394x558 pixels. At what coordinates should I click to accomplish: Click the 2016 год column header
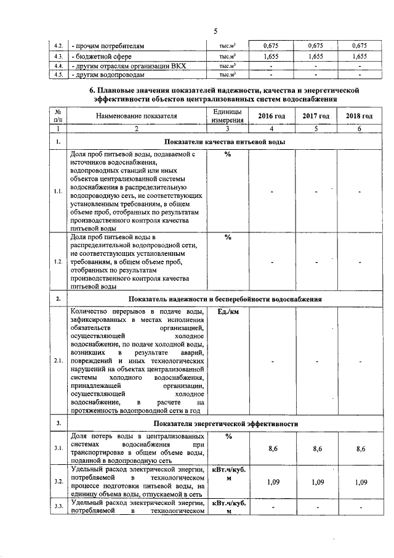click(271, 117)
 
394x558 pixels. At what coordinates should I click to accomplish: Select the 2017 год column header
click(317, 117)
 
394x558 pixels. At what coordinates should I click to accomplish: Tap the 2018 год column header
click(359, 117)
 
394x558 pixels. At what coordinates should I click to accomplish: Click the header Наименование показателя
click(136, 116)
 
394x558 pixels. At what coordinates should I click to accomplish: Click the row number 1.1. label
click(57, 191)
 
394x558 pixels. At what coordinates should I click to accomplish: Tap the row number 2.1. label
click(57, 361)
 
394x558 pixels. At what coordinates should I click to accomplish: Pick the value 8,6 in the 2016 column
click(271, 448)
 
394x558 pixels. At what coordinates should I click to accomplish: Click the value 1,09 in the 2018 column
click(359, 481)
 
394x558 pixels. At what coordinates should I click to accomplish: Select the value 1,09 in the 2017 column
click(317, 481)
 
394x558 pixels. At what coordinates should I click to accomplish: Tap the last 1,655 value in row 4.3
click(359, 56)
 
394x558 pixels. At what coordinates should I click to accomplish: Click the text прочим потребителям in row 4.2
click(108, 46)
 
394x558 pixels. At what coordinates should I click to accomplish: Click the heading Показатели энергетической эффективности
click(227, 424)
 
